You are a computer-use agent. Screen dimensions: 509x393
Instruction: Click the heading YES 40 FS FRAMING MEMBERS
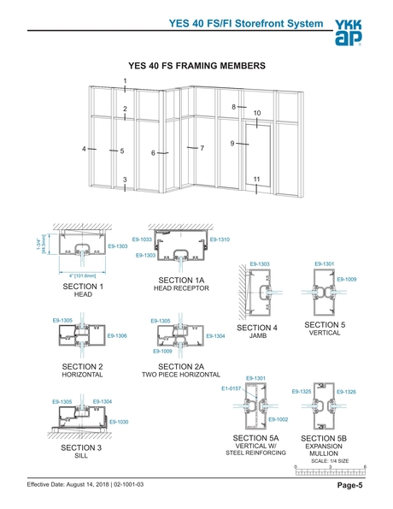[196, 64]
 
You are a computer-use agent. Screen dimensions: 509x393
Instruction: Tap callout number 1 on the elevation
[125, 81]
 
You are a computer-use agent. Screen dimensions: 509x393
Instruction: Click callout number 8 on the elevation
[233, 107]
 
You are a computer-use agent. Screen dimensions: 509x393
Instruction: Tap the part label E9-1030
[118, 422]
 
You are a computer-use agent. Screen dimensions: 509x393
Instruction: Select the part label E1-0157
[232, 388]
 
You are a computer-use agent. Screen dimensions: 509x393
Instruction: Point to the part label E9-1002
[279, 419]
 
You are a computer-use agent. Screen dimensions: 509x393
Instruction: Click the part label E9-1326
[346, 392]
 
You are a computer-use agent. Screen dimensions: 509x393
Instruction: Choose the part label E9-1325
[301, 392]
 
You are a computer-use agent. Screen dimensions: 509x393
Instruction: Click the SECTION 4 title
[257, 328]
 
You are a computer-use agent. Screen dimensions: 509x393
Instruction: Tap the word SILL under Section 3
[82, 456]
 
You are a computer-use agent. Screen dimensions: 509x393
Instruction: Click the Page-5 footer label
[349, 486]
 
